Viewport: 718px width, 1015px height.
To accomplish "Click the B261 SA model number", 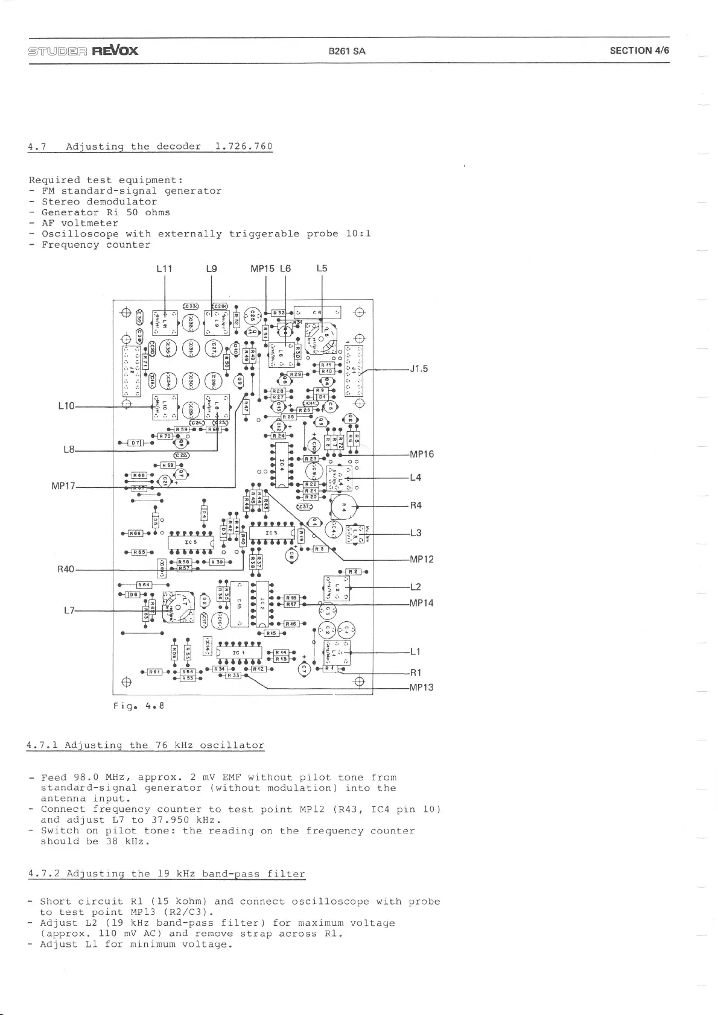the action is (347, 51).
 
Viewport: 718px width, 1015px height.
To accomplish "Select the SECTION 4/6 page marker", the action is (639, 51).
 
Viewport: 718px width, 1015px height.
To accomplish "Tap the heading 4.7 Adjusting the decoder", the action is (150, 147).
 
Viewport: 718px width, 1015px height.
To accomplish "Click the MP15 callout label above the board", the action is (262, 268).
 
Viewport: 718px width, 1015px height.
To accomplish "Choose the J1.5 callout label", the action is (419, 369).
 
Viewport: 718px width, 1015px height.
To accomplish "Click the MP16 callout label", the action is (422, 454).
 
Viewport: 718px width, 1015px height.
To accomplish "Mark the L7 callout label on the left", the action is (69, 610).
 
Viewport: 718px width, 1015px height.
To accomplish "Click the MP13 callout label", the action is (422, 688).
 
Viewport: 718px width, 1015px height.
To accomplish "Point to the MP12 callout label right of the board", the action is (422, 559).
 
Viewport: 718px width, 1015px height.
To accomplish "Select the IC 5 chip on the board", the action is (191, 542).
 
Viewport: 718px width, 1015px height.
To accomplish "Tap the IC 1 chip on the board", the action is (239, 653).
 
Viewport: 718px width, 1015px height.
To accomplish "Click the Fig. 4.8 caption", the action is (139, 705).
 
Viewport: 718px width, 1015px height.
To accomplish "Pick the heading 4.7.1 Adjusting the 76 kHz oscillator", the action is (145, 745).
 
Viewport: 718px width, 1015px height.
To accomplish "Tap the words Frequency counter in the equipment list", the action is (95, 245).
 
